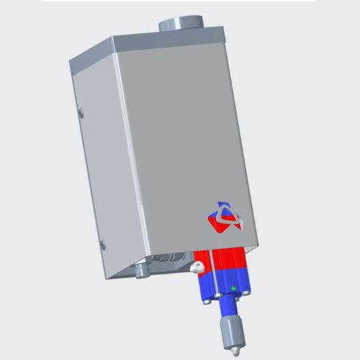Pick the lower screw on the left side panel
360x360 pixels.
tap(103, 243)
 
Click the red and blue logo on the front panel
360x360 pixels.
tap(223, 216)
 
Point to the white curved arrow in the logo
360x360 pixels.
tap(228, 215)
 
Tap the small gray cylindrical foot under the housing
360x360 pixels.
tap(141, 272)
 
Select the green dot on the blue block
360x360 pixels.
tap(234, 288)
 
